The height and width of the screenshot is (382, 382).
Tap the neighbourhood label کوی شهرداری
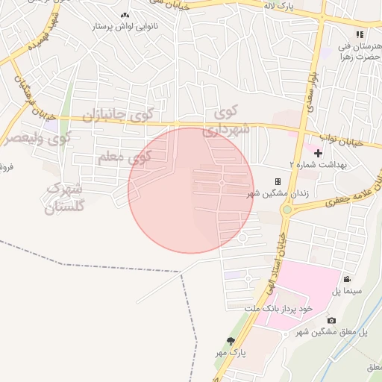(x=224, y=121)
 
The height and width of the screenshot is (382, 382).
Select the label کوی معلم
(x=124, y=157)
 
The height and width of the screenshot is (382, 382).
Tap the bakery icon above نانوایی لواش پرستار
(x=124, y=15)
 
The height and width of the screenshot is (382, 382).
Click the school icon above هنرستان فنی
(x=360, y=34)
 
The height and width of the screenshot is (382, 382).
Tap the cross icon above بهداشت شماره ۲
(x=319, y=152)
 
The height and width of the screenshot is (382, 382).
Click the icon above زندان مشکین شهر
(x=278, y=181)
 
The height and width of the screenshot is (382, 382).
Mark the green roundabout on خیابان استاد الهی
(x=286, y=210)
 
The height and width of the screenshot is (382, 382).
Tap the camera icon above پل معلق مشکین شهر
(x=331, y=320)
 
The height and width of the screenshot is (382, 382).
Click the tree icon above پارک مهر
(x=240, y=341)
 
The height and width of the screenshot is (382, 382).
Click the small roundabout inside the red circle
(x=222, y=183)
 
